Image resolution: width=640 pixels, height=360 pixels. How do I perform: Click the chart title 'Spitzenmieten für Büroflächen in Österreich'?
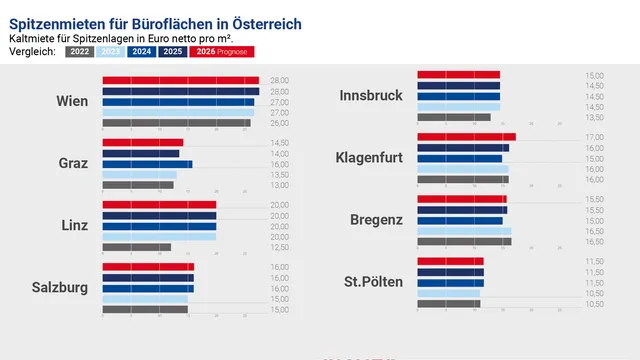[x=154, y=23]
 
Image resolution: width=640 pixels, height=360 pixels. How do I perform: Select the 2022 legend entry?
[x=80, y=51]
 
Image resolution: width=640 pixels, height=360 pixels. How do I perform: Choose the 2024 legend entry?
[x=141, y=51]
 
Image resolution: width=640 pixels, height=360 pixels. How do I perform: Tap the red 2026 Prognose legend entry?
[x=222, y=51]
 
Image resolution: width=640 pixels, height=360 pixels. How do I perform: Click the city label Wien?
[x=72, y=101]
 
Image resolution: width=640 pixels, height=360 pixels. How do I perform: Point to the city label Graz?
[x=73, y=163]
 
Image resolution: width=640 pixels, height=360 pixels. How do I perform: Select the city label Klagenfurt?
[x=369, y=158]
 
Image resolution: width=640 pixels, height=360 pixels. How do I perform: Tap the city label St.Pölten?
[x=373, y=282]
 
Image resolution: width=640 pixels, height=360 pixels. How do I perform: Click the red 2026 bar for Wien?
[x=180, y=81]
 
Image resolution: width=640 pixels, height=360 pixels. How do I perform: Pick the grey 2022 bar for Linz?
[x=136, y=247]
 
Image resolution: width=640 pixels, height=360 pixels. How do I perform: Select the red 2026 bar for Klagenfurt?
[x=466, y=137]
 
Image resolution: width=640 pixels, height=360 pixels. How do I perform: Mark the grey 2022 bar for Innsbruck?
[x=453, y=117]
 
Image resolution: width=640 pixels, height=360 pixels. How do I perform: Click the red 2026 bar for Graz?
[x=142, y=143]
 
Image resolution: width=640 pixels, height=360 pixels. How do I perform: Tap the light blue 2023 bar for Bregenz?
[x=464, y=231]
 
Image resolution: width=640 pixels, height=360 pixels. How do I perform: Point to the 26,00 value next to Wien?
[x=279, y=123]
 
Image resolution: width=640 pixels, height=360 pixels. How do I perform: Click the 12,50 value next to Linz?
[x=279, y=247]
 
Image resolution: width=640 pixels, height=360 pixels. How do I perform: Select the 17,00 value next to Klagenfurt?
[x=594, y=137]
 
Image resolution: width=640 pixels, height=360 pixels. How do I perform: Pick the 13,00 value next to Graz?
[x=279, y=185]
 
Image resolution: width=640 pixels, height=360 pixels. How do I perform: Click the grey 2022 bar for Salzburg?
[x=144, y=309]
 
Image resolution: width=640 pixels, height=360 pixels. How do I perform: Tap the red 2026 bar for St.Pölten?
[x=450, y=261]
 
